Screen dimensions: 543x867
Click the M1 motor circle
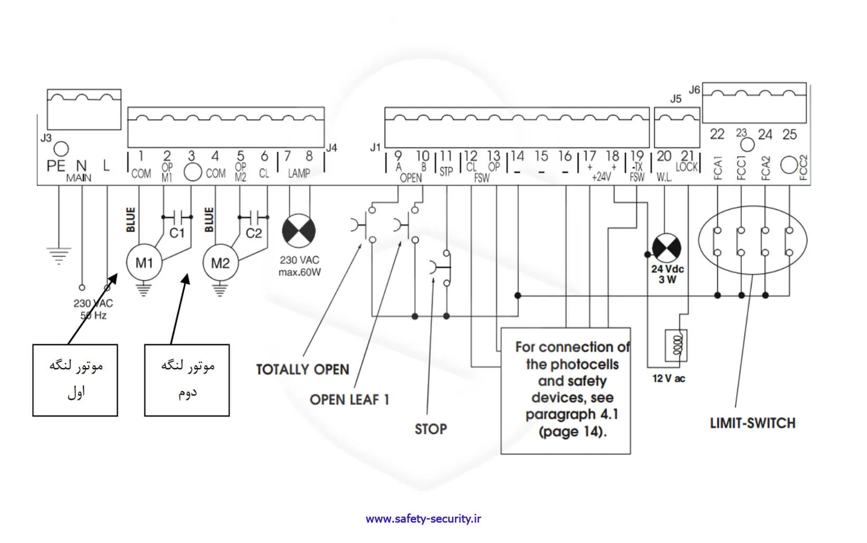pyautogui.click(x=144, y=262)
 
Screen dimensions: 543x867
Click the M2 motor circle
pyautogui.click(x=220, y=262)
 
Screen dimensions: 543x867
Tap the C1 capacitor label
pyautogui.click(x=177, y=233)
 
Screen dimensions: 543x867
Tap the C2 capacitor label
pyautogui.click(x=254, y=233)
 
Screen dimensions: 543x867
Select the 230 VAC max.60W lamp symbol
pyautogui.click(x=299, y=231)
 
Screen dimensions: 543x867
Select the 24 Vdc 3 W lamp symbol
pyautogui.click(x=667, y=247)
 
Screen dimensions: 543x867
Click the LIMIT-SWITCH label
pyautogui.click(x=752, y=423)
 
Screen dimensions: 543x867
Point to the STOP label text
pyautogui.click(x=430, y=429)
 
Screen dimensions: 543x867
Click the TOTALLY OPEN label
pyautogui.click(x=303, y=369)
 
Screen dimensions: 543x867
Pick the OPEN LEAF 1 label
pyautogui.click(x=349, y=400)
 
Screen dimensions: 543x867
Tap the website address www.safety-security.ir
pyautogui.click(x=423, y=519)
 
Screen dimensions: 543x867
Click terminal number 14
pyautogui.click(x=517, y=156)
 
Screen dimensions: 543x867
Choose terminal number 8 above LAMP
pyautogui.click(x=309, y=156)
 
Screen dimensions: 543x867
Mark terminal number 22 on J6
pyautogui.click(x=717, y=135)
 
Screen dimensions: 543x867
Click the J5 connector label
pyautogui.click(x=676, y=99)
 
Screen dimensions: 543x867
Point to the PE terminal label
pyautogui.click(x=55, y=166)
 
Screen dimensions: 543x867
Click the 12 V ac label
pyautogui.click(x=669, y=378)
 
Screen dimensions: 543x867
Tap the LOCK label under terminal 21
pyautogui.click(x=687, y=167)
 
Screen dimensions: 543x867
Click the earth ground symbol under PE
pyautogui.click(x=59, y=255)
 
